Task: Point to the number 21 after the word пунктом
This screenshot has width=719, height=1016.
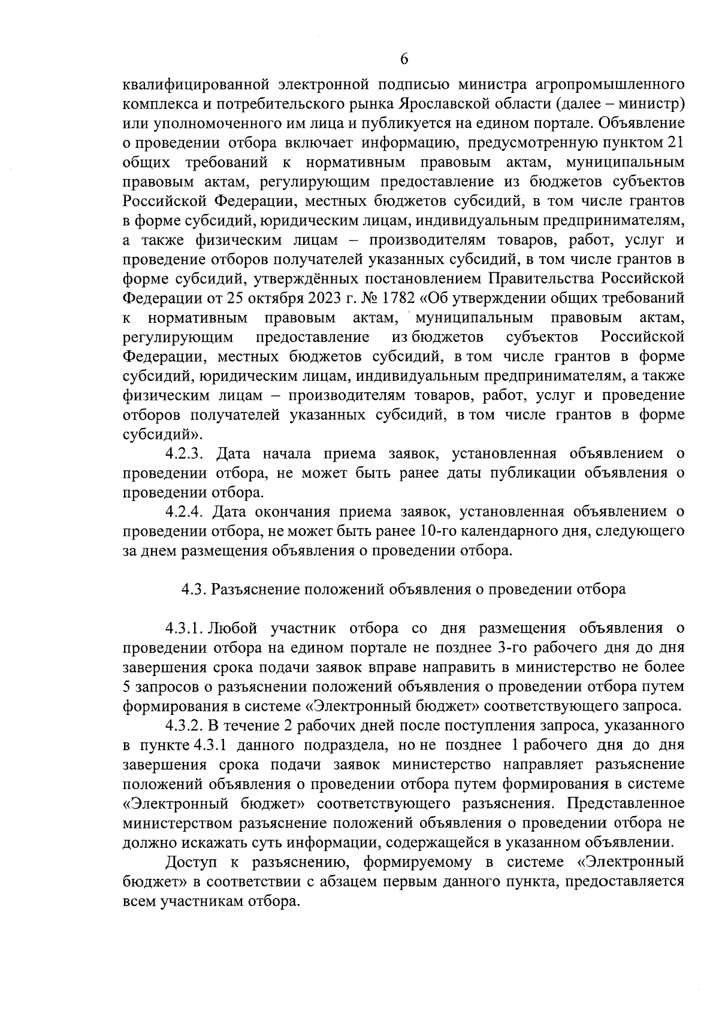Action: pos(675,143)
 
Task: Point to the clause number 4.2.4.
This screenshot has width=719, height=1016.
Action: pos(186,512)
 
